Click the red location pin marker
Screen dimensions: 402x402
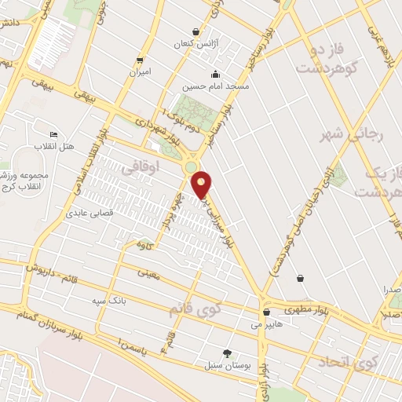click(202, 185)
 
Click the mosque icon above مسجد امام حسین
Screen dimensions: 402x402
click(191, 77)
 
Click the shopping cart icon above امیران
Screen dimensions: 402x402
click(140, 60)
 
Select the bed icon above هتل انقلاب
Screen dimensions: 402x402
click(53, 135)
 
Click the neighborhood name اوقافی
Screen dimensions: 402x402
click(141, 166)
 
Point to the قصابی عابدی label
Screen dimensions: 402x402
click(90, 213)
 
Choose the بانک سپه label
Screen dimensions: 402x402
click(109, 301)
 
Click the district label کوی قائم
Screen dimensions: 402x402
click(195, 309)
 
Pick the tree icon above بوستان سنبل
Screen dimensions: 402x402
click(228, 353)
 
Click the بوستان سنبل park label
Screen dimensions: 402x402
click(226, 366)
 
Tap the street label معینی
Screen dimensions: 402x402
click(148, 275)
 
